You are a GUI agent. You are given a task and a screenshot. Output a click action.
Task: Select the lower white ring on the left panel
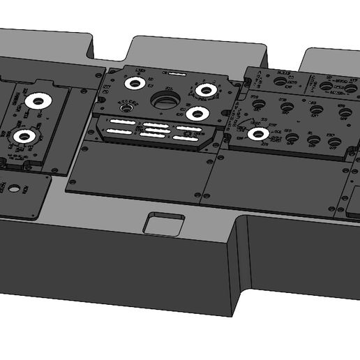(25, 137)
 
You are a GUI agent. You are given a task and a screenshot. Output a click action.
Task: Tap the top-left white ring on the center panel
(134, 83)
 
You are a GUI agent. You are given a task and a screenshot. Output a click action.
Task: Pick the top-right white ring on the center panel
(204, 90)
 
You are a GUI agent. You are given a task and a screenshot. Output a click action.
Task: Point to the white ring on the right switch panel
(258, 134)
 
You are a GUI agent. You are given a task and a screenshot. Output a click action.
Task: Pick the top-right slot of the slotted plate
(188, 128)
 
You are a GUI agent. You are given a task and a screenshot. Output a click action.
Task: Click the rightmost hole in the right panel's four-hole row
(343, 112)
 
